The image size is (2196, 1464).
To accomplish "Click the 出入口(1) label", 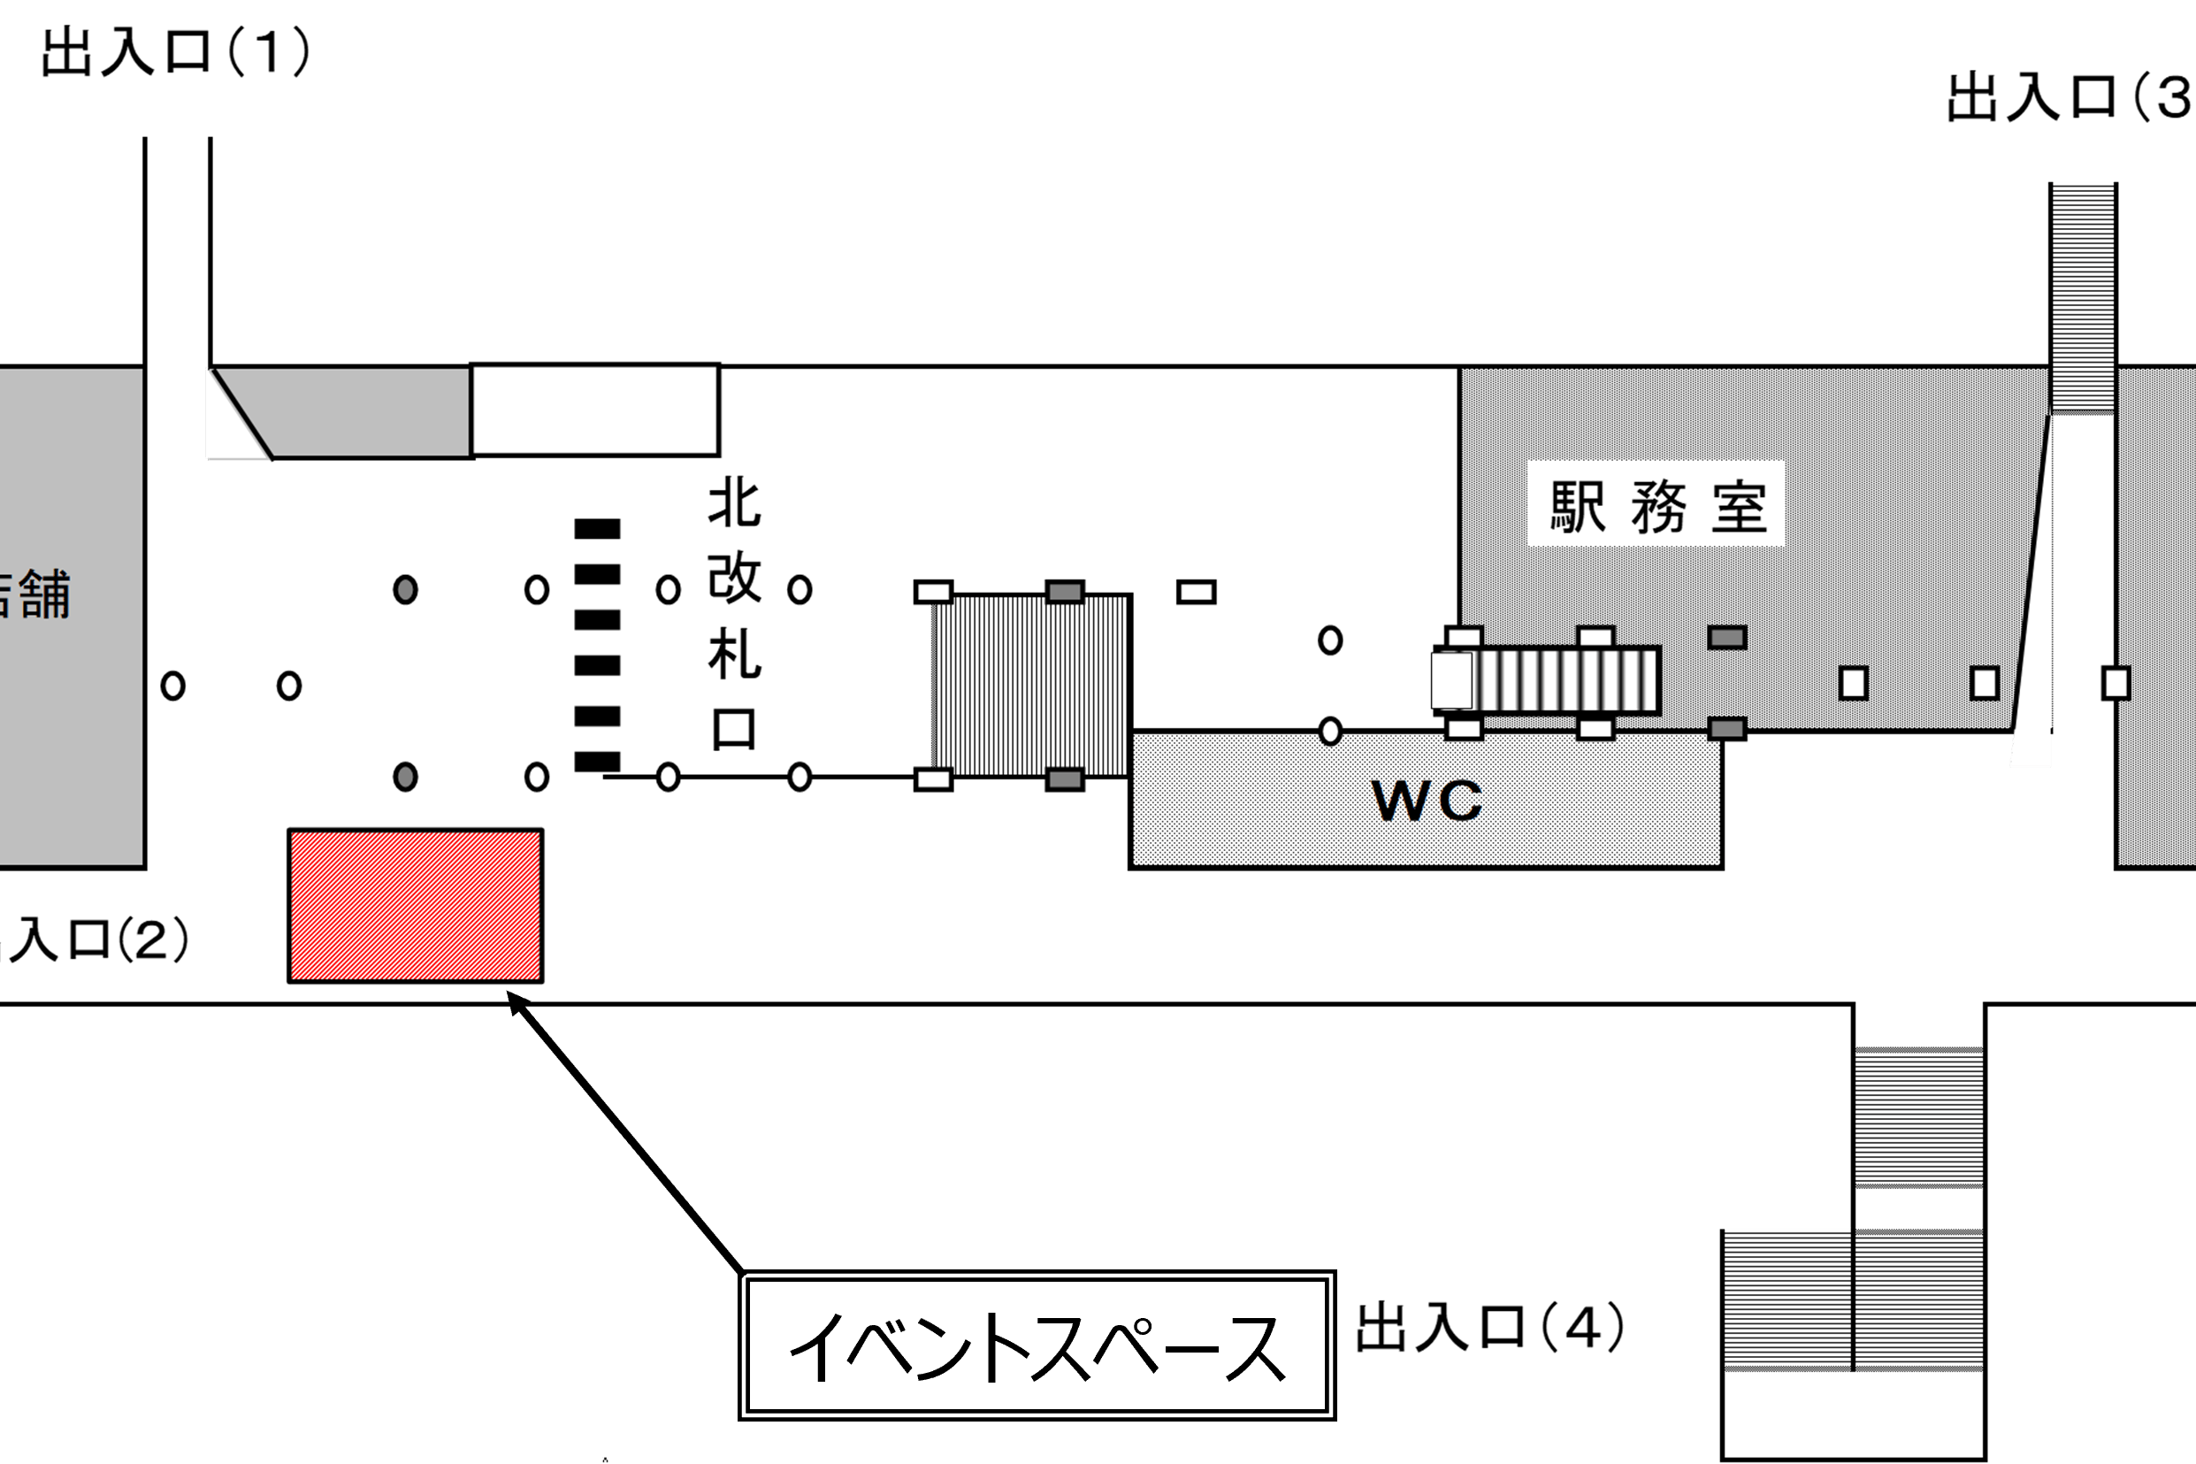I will pyautogui.click(x=175, y=52).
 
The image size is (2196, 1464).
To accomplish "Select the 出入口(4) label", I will pyautogui.click(x=1489, y=1328).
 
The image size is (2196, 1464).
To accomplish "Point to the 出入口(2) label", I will pyautogui.click(x=94, y=939).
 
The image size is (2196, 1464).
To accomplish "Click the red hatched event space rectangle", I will pyautogui.click(x=416, y=907).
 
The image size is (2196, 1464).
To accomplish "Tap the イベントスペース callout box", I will pyautogui.click(x=1037, y=1345).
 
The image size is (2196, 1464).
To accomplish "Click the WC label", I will pyautogui.click(x=1427, y=801).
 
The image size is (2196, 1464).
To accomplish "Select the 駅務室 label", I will pyautogui.click(x=1657, y=508).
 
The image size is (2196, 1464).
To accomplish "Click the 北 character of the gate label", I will pyautogui.click(x=734, y=503).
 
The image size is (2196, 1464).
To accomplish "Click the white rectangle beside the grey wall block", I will pyautogui.click(x=595, y=410).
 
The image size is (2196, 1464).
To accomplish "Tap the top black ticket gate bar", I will pyautogui.click(x=597, y=529).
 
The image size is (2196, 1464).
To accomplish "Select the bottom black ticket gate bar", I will pyautogui.click(x=597, y=762).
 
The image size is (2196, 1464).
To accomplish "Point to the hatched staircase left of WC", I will pyautogui.click(x=1032, y=686).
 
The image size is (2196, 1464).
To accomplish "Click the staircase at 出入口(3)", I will pyautogui.click(x=2082, y=295).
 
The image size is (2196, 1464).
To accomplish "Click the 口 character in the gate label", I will pyautogui.click(x=734, y=729).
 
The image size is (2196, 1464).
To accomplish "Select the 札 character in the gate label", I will pyautogui.click(x=734, y=654).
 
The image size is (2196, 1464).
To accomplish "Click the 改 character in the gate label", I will pyautogui.click(x=734, y=578).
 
